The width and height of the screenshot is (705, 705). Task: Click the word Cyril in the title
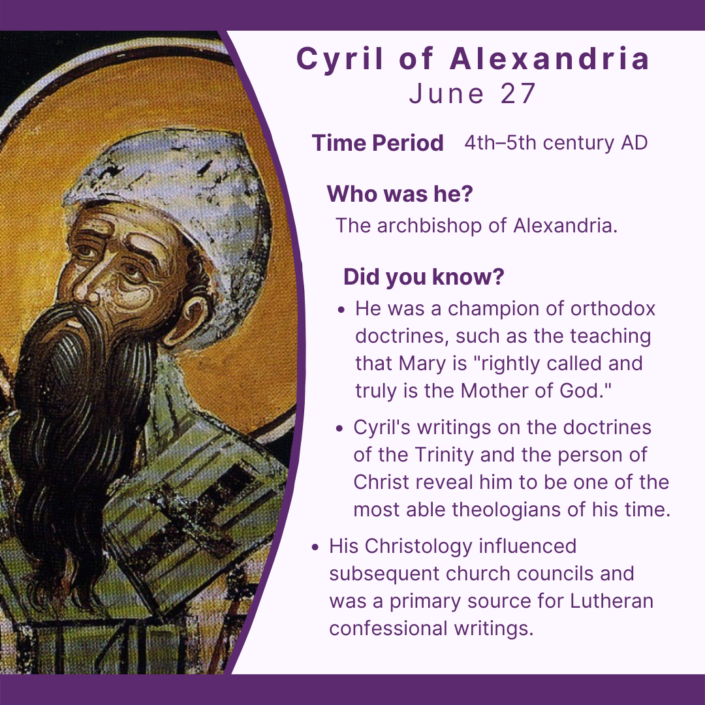tap(339, 59)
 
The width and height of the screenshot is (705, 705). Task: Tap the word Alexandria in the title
tap(550, 59)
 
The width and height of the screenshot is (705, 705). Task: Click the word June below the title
tap(446, 93)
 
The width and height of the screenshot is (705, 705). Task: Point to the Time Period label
tap(378, 143)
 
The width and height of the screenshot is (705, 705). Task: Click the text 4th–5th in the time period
tap(500, 142)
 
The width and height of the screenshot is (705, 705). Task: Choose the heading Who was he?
tap(399, 194)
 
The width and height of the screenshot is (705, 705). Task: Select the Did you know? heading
tap(424, 277)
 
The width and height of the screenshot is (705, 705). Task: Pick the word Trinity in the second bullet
tap(444, 454)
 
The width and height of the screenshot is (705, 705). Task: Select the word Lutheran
tap(612, 601)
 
